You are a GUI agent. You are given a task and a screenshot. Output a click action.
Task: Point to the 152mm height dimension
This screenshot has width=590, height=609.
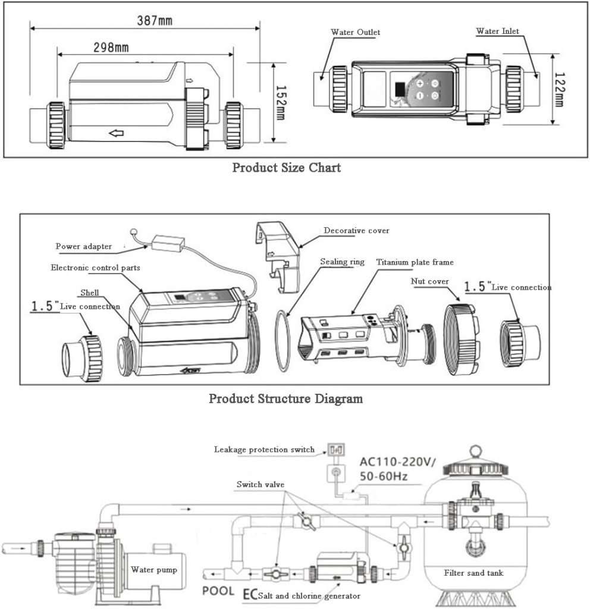tap(282, 101)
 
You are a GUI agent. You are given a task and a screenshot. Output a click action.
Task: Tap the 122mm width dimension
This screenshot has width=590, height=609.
tap(559, 89)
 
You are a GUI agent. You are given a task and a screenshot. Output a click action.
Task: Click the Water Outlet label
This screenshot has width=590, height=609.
tap(355, 32)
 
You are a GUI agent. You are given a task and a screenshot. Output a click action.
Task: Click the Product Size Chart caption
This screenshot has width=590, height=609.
tap(286, 167)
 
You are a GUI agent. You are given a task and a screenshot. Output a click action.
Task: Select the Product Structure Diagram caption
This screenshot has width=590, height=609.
tap(285, 398)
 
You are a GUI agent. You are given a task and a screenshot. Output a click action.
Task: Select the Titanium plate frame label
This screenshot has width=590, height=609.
tap(415, 262)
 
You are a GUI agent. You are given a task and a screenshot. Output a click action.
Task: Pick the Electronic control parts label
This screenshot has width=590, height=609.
tap(95, 268)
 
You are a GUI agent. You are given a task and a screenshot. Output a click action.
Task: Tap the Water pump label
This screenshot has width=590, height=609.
tap(154, 569)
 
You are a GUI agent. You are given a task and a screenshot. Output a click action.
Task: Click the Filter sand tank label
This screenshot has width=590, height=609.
tap(473, 573)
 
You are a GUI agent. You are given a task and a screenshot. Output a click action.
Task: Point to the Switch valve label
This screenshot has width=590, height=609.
tap(260, 485)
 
